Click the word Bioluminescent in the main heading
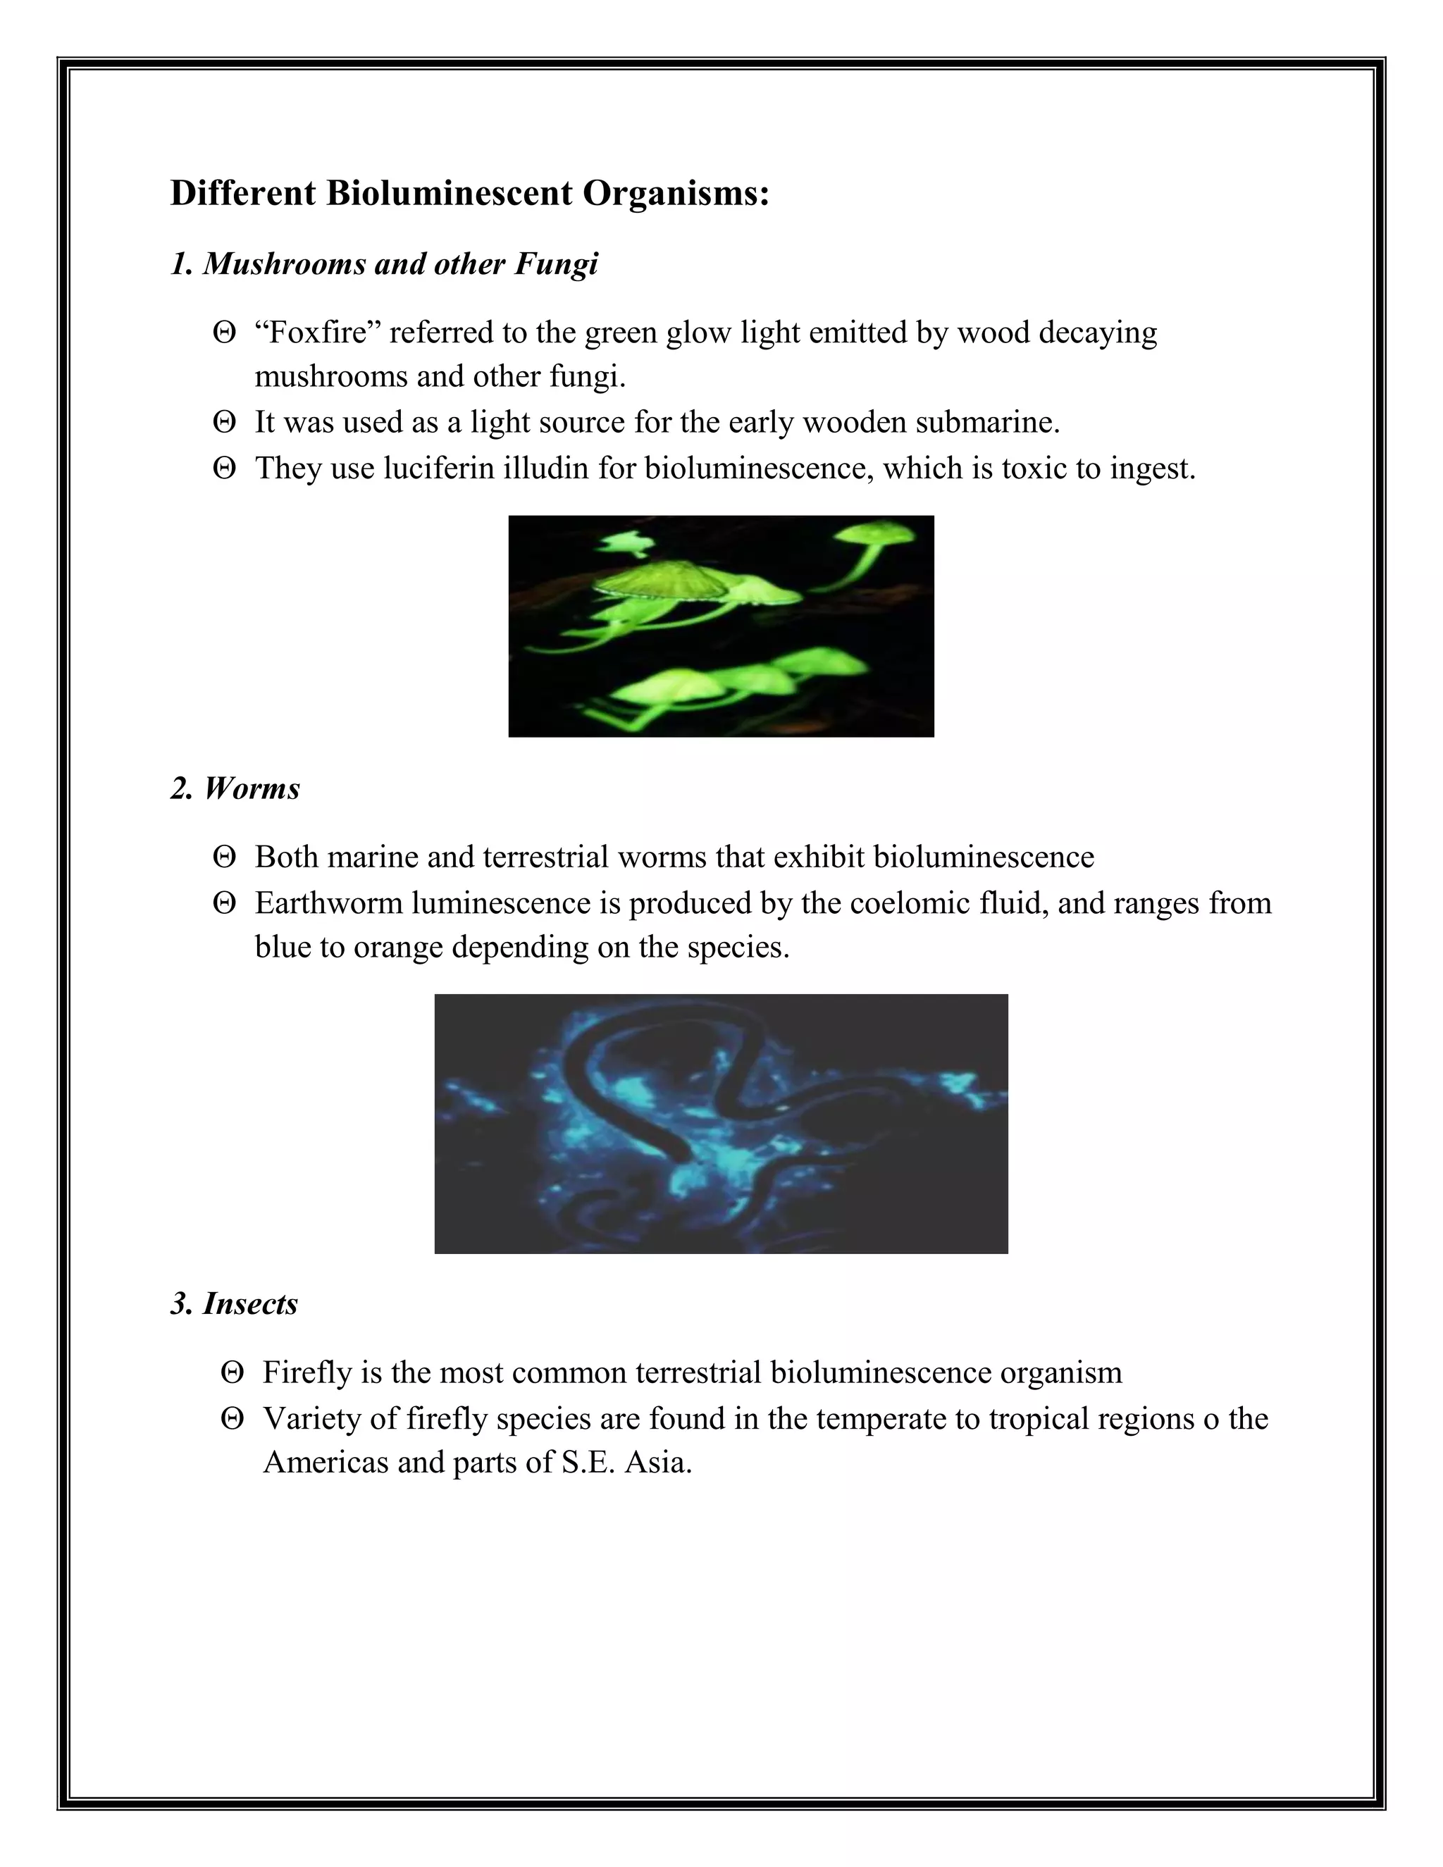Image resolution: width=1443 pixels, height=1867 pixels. [x=449, y=193]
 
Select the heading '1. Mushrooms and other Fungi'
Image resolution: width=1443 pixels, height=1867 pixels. [x=384, y=263]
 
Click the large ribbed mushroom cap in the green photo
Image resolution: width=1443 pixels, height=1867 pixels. [x=662, y=581]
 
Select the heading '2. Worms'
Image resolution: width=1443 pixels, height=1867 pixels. [x=235, y=788]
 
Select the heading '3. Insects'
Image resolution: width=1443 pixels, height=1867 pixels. [x=234, y=1303]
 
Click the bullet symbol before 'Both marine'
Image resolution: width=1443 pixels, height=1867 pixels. [x=224, y=857]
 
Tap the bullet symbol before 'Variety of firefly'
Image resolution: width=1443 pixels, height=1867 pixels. [x=232, y=1419]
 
